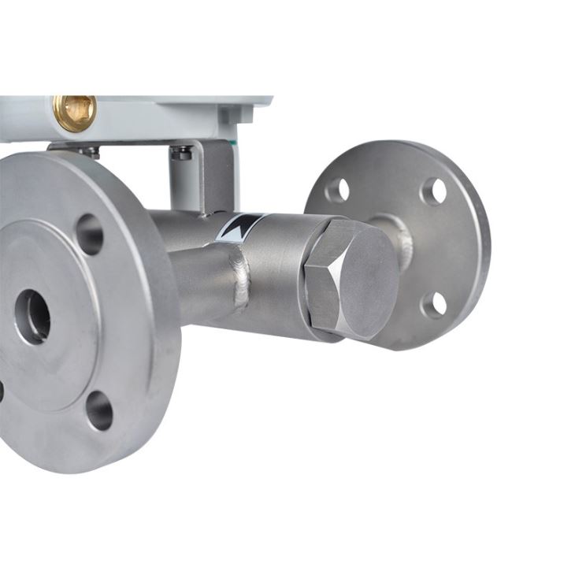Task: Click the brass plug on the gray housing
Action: click(75, 112)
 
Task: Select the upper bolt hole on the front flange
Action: click(89, 234)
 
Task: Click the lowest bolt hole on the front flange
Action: click(99, 410)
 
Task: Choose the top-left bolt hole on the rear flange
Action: click(338, 190)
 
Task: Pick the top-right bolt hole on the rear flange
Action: click(434, 191)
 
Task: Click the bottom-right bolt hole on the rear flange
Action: click(434, 304)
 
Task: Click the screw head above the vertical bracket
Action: click(182, 153)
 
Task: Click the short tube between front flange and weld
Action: click(201, 284)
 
